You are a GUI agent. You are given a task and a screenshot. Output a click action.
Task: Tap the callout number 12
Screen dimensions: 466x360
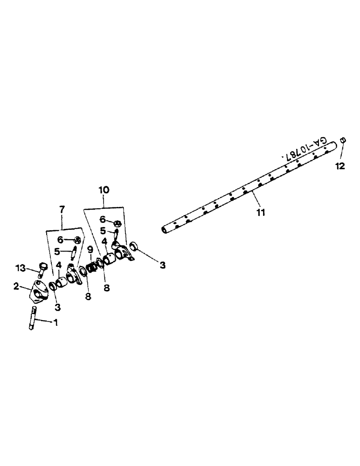click(340, 166)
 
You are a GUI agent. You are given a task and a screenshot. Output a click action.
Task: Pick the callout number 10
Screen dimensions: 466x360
click(104, 190)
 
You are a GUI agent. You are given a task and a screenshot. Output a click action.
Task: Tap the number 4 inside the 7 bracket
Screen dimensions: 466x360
click(59, 265)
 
